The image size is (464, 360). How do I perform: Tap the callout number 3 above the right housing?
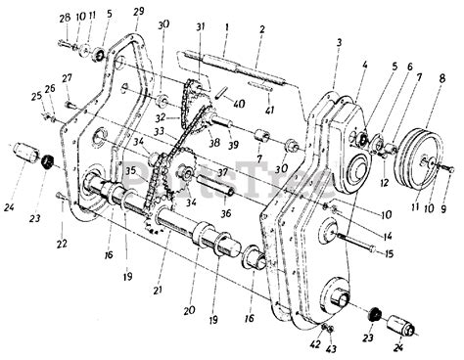point(338,43)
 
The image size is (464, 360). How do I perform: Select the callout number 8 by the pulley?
point(442,76)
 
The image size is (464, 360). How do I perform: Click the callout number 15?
point(389,255)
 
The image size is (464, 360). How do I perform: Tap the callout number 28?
point(64,18)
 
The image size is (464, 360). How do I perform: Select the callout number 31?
point(200,25)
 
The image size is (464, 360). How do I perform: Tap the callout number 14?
point(390,235)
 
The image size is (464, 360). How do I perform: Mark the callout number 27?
point(67,77)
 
